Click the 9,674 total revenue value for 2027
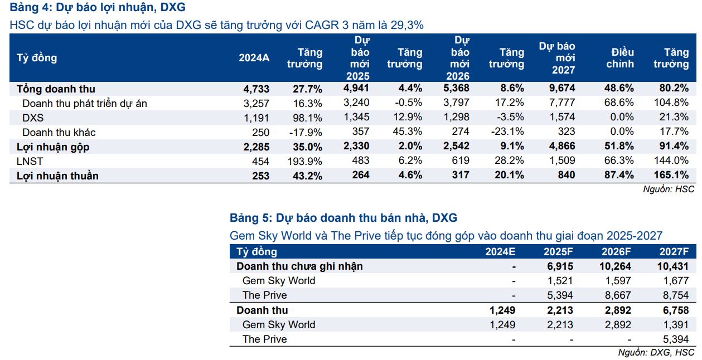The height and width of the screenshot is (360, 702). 562,89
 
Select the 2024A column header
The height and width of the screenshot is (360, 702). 254,58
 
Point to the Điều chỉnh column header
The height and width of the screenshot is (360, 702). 620,58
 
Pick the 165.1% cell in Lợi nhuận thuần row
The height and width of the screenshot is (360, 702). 674,176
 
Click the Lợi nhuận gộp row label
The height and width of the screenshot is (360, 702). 53,147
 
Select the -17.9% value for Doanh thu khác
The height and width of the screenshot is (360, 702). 307,132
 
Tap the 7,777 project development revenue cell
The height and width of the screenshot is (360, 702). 562,103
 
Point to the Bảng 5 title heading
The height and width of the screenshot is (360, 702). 343,218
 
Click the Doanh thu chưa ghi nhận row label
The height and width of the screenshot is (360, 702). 299,266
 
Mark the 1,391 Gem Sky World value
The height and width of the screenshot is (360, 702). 676,324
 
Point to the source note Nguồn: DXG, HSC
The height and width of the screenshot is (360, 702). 656,353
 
